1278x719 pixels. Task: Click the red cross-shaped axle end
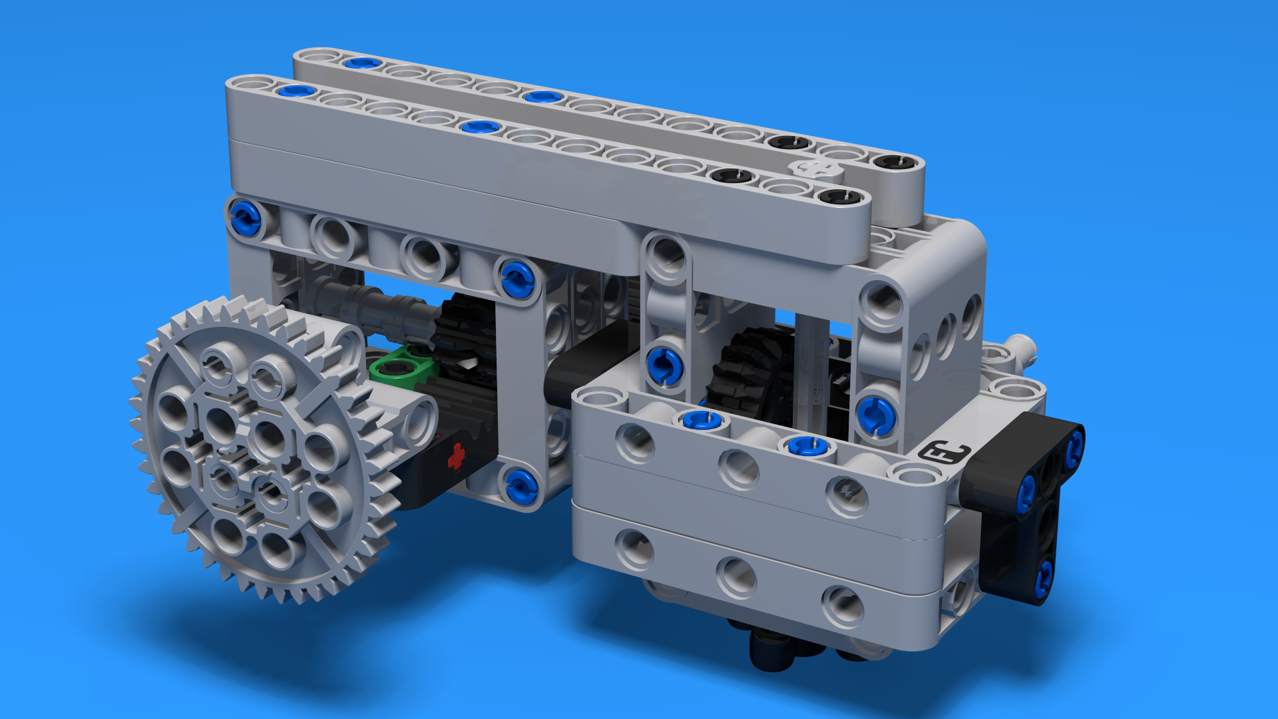(456, 457)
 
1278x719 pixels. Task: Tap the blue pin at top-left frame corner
(245, 217)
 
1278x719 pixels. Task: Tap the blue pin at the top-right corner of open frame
(517, 279)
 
